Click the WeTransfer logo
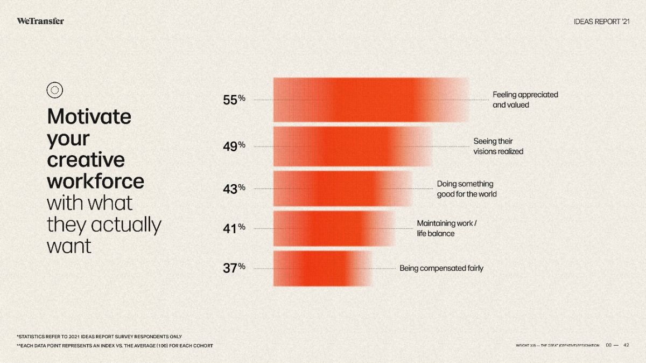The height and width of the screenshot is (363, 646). click(40, 21)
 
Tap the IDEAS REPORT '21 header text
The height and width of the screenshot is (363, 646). click(601, 22)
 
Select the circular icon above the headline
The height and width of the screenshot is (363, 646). click(55, 90)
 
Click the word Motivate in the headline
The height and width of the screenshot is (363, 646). click(89, 116)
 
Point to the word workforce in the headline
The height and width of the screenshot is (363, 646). click(96, 181)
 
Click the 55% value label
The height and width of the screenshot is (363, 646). click(234, 100)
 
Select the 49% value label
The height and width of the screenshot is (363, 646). click(234, 146)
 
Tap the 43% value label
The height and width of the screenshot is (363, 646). click(234, 189)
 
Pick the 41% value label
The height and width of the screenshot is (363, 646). click(234, 228)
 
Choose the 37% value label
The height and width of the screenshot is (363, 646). click(234, 268)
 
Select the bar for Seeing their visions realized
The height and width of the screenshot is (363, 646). click(353, 146)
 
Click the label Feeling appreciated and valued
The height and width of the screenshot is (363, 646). click(525, 100)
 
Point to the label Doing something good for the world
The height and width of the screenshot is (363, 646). click(466, 189)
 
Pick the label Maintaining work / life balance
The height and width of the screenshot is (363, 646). click(446, 228)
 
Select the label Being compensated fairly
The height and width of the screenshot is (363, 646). click(441, 268)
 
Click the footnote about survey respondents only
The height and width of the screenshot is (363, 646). click(99, 337)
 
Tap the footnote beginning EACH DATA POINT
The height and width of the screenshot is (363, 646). click(115, 345)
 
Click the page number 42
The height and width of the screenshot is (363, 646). click(626, 345)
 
